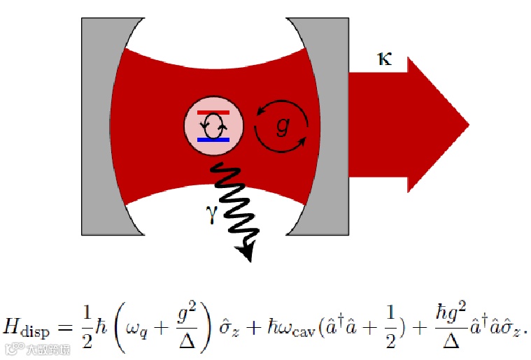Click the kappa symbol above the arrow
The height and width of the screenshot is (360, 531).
click(384, 59)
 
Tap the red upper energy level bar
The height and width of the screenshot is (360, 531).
click(213, 113)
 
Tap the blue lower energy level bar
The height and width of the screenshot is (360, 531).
click(213, 140)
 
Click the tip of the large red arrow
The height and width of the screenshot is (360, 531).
click(467, 126)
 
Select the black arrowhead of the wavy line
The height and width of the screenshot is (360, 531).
click(245, 252)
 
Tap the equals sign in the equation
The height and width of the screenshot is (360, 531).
click(65, 326)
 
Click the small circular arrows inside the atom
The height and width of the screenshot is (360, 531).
click(213, 127)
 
